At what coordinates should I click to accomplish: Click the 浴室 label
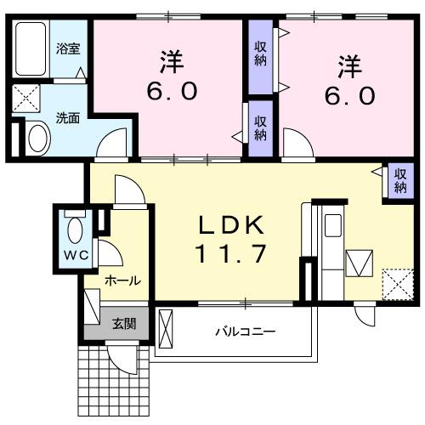click(x=69, y=48)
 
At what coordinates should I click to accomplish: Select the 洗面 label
click(x=68, y=118)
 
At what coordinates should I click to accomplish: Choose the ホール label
click(x=122, y=280)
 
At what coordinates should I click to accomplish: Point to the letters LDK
click(x=233, y=226)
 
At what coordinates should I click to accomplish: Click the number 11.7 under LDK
click(x=233, y=254)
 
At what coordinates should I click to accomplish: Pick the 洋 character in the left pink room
click(x=168, y=63)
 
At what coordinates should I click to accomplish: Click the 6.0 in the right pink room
click(x=349, y=94)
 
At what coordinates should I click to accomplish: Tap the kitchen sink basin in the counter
click(x=332, y=227)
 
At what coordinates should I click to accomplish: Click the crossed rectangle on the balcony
click(x=165, y=327)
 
